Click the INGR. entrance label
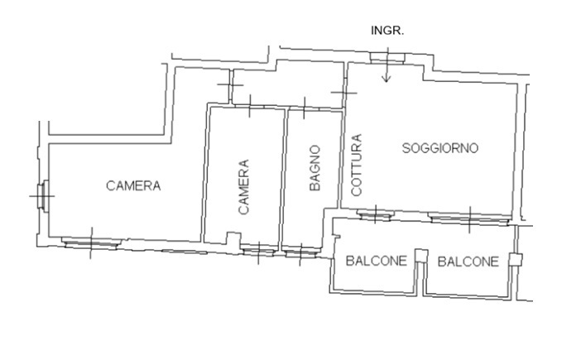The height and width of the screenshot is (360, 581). tap(387, 31)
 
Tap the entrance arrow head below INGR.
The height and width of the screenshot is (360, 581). tap(387, 79)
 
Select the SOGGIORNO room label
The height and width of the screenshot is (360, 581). tap(440, 148)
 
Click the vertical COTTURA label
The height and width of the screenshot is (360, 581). tap(356, 165)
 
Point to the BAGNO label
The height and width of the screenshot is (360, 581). tap(315, 168)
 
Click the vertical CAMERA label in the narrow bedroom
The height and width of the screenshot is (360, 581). tap(243, 187)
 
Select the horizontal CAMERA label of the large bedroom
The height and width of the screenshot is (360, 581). tap(133, 185)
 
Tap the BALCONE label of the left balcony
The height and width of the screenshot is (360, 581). tap(376, 261)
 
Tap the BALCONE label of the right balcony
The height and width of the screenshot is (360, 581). tap(468, 262)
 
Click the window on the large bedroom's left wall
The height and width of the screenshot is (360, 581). tap(43, 196)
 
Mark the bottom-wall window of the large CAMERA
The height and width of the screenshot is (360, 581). tap(92, 243)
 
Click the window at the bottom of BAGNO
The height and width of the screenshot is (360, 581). tap(301, 253)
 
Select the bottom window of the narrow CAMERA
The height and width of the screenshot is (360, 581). tap(258, 252)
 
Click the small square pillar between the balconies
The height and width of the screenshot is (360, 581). tap(420, 256)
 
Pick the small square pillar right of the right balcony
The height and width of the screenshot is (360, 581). tap(515, 260)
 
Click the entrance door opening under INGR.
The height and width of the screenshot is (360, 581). tap(387, 58)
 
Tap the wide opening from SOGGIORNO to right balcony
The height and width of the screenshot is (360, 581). tap(469, 218)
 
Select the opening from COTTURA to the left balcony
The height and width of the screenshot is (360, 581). tap(375, 215)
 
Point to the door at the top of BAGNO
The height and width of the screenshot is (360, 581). tap(304, 108)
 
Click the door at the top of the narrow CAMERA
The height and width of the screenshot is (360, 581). tap(250, 107)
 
